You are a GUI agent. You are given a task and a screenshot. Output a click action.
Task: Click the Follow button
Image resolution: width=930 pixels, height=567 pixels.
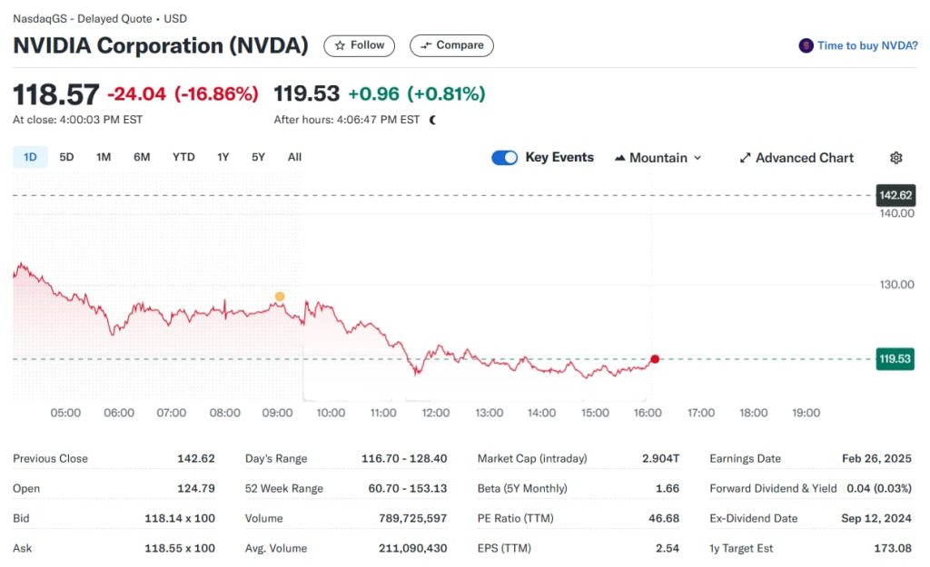pos(360,45)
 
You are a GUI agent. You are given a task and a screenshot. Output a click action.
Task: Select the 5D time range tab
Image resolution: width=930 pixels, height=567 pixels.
pos(66,157)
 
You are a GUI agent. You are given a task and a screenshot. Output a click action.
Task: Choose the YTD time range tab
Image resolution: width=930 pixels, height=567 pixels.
pos(183,157)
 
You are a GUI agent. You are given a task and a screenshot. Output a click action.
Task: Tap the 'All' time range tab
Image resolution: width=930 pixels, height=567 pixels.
pos(294,157)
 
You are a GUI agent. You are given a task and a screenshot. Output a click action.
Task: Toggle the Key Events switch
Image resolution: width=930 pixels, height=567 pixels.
pos(504,158)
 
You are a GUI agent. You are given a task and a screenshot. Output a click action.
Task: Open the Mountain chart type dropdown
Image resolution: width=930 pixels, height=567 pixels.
pos(658,158)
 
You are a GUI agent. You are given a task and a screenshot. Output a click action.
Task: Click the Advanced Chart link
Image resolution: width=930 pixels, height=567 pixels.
pos(796,158)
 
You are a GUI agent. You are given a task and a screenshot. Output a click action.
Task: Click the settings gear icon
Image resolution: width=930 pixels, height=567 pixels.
pos(895,158)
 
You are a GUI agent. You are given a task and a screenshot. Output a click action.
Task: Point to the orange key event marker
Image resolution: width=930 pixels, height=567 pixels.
pos(279,297)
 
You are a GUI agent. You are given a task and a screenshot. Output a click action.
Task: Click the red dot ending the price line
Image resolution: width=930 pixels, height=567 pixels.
pos(655,359)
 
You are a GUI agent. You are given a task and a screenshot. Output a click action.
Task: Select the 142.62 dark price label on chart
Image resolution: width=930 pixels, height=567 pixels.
pos(895,195)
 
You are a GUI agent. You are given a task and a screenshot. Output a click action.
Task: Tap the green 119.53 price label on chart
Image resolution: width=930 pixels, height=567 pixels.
pos(895,359)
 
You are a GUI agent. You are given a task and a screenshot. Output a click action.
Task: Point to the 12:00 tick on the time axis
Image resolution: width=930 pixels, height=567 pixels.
pos(436,413)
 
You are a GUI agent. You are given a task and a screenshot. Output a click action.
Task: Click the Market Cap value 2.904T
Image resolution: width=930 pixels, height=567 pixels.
pos(659,458)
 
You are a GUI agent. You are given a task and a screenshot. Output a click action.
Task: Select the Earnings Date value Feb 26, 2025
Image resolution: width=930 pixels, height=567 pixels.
pos(876,458)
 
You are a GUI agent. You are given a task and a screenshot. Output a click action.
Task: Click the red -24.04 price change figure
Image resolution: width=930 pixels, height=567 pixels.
pos(136,93)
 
